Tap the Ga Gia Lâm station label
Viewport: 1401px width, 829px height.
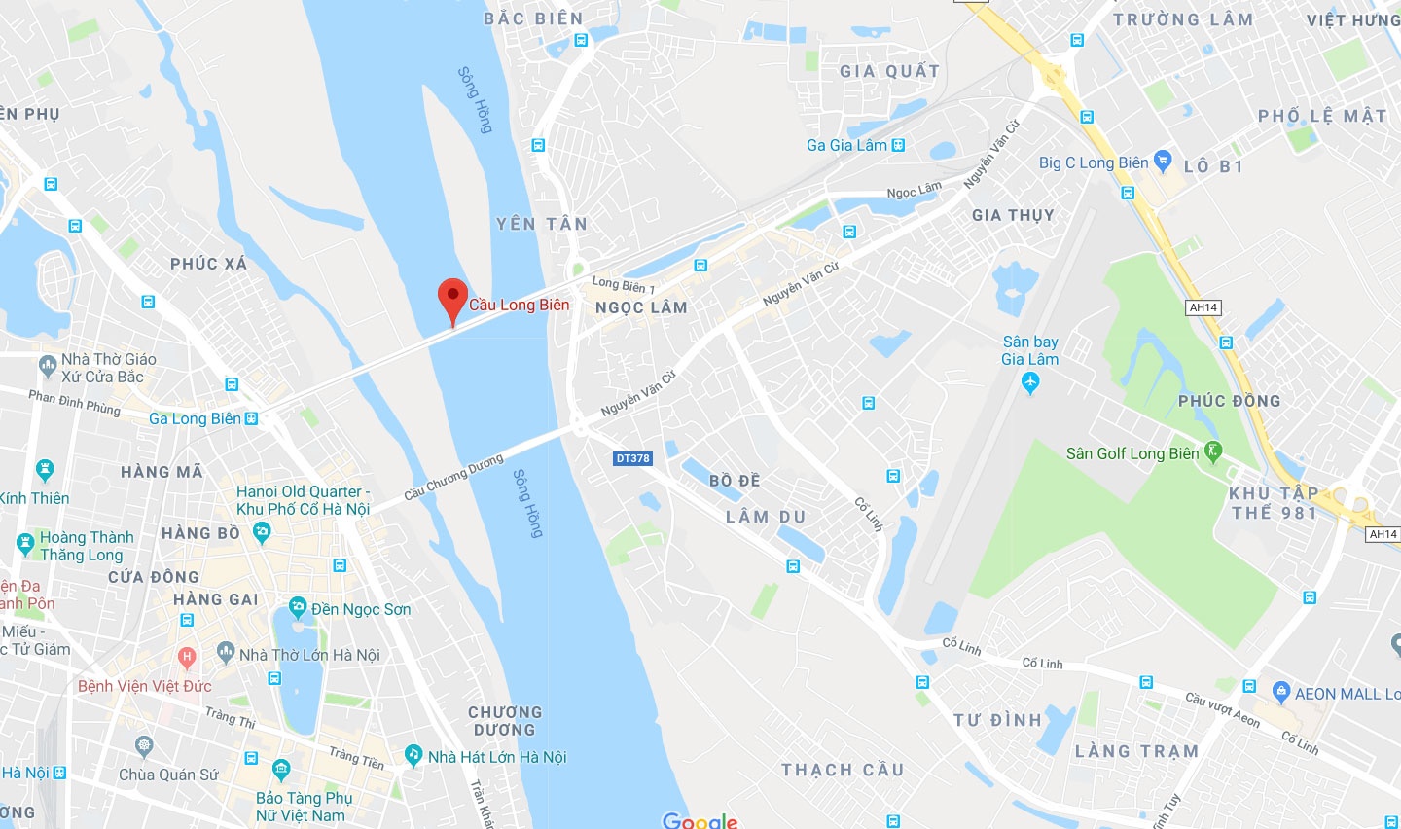tap(846, 145)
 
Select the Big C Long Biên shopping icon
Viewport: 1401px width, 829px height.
tap(1163, 161)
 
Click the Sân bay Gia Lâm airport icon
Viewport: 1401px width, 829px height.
tap(1031, 382)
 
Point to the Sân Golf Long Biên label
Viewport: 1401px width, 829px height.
tap(1132, 453)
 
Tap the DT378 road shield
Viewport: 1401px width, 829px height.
tap(632, 458)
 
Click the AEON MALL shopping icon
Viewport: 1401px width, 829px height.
tap(1281, 693)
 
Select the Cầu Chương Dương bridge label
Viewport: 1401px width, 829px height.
tap(453, 477)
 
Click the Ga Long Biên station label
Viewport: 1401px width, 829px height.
tap(195, 418)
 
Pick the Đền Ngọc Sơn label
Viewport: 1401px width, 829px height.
tap(361, 609)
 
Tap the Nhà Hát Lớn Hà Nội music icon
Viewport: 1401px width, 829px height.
tap(413, 755)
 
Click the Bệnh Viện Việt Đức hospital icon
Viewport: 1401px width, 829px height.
tap(186, 658)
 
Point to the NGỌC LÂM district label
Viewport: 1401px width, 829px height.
tap(641, 307)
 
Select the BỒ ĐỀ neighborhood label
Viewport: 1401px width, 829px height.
tap(735, 481)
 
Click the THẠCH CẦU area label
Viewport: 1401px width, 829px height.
tap(843, 770)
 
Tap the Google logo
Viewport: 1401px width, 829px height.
tap(700, 820)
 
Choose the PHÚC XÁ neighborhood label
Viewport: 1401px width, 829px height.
tap(208, 264)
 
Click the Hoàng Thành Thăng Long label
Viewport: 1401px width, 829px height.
tap(87, 546)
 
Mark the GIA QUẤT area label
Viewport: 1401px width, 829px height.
tap(889, 71)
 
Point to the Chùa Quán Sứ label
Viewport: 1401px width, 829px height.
tap(168, 775)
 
